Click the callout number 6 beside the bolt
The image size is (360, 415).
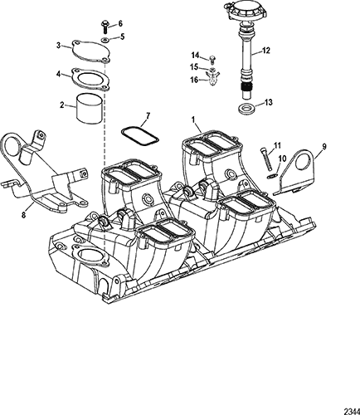pyautogui.click(x=120, y=24)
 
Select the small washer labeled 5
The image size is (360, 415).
pyautogui.click(x=105, y=40)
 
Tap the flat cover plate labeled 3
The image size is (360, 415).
pyautogui.click(x=90, y=52)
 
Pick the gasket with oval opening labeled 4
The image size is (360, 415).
pyautogui.click(x=90, y=79)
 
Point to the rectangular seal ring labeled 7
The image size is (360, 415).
pyautogui.click(x=139, y=135)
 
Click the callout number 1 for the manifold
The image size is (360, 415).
pyautogui.click(x=193, y=120)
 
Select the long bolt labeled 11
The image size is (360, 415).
pyautogui.click(x=267, y=159)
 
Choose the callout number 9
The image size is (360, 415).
pyautogui.click(x=324, y=146)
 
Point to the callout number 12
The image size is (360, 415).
pyautogui.click(x=265, y=51)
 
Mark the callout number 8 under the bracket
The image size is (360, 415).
pyautogui.click(x=24, y=215)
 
